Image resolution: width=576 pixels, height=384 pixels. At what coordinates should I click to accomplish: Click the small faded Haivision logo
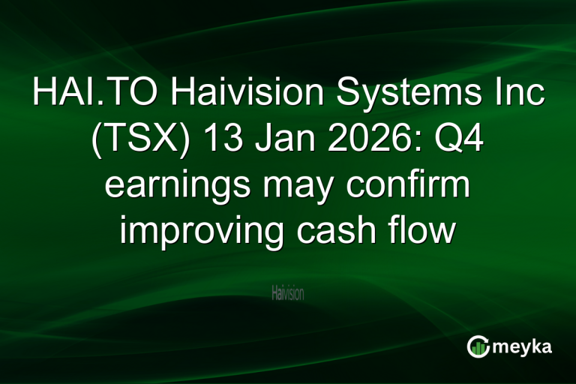287,293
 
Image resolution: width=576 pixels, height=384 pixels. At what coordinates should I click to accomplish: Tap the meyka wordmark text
525,346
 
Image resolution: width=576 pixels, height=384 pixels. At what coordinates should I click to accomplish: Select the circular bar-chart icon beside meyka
478,346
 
